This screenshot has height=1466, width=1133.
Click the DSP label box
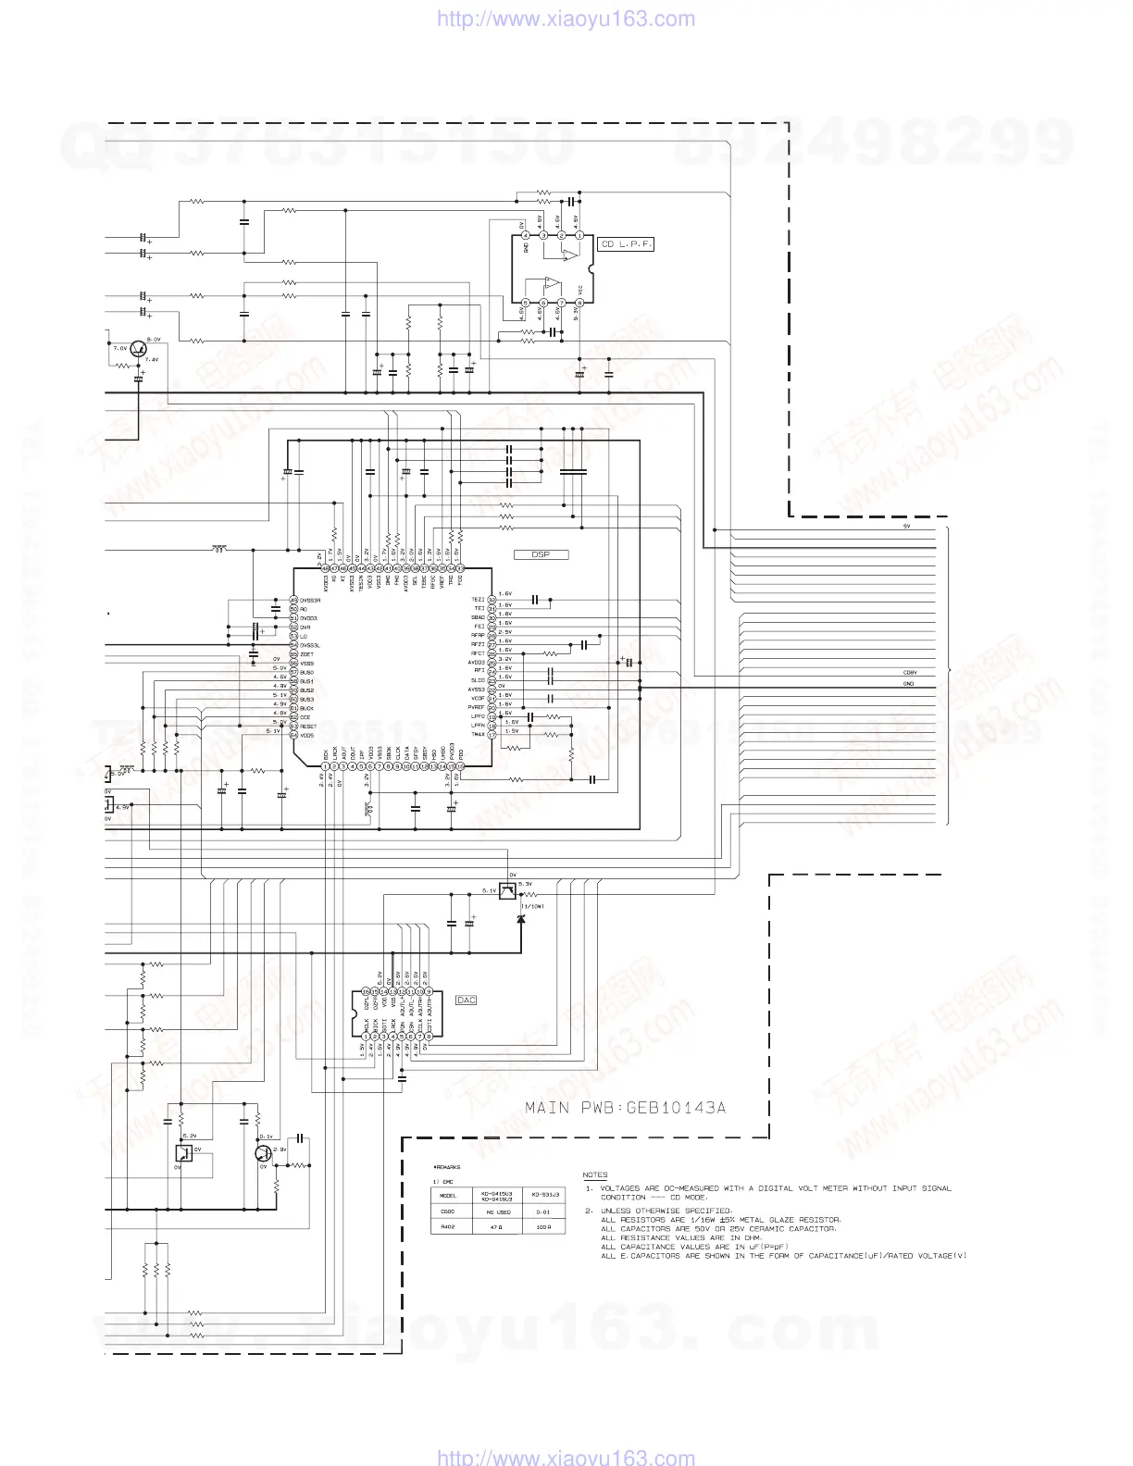[541, 554]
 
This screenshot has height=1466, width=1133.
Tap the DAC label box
[466, 1000]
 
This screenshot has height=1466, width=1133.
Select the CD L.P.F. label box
[627, 244]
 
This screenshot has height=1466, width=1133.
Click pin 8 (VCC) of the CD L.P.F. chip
[579, 303]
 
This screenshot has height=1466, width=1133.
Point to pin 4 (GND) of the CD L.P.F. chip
[524, 235]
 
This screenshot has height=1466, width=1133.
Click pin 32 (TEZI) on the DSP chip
[492, 600]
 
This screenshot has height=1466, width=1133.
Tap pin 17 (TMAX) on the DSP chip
[492, 734]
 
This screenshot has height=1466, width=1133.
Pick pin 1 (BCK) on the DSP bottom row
[326, 765]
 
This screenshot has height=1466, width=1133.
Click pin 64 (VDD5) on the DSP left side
[293, 735]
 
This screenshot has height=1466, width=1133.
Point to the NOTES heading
[595, 1174]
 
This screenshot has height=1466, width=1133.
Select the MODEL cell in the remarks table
[449, 1195]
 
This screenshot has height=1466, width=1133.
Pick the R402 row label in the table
[449, 1227]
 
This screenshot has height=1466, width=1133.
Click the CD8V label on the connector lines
[910, 672]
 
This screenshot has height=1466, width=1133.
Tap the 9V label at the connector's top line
[907, 526]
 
